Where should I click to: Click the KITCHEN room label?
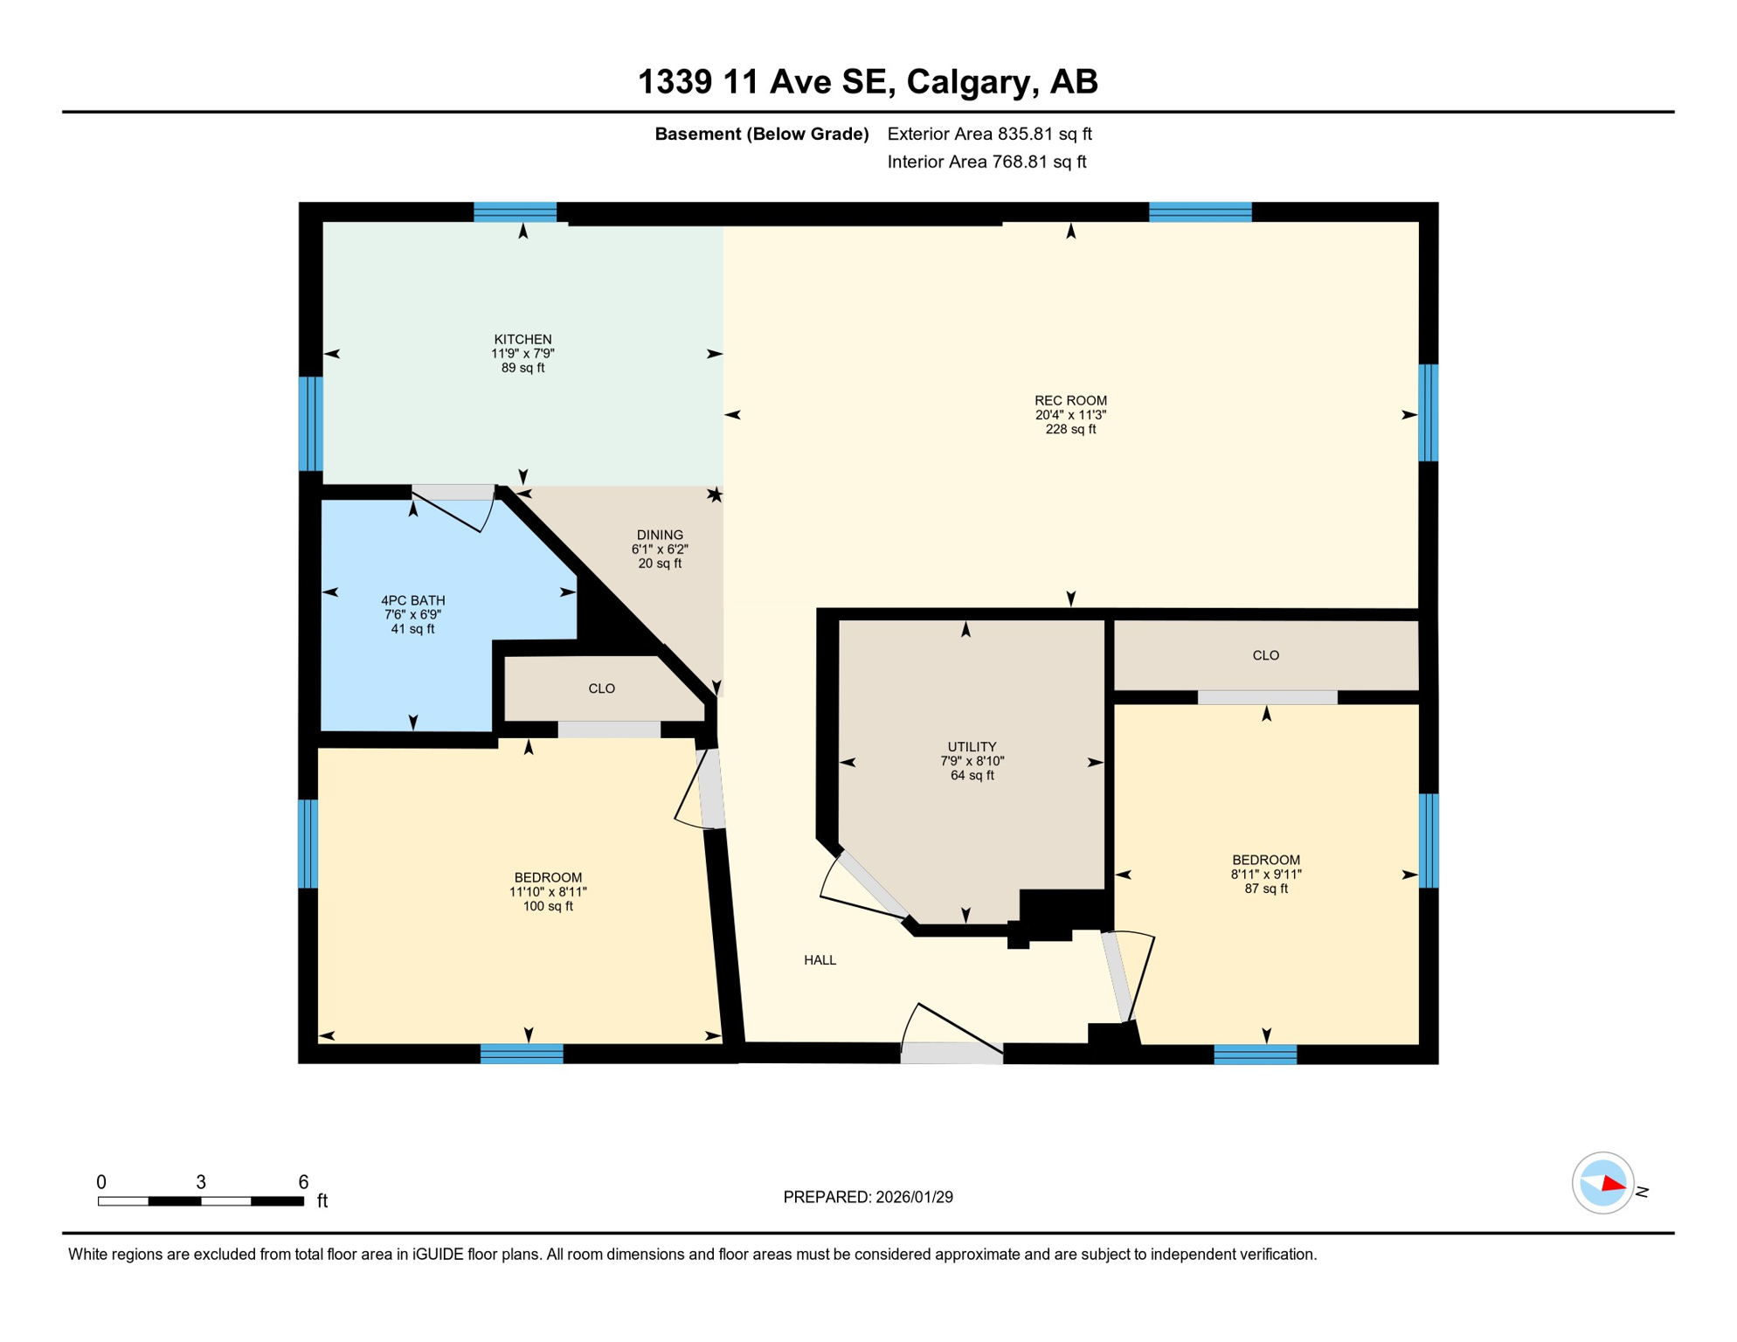(522, 340)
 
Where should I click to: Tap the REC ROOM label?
(1070, 401)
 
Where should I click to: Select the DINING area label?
(660, 536)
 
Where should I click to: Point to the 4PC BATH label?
(412, 601)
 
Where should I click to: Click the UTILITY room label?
(972, 747)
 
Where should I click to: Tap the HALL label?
(820, 960)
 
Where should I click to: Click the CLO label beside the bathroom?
(601, 689)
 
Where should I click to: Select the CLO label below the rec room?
(1265, 655)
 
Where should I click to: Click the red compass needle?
(1613, 1184)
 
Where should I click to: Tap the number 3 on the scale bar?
(201, 1182)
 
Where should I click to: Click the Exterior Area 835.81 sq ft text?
(989, 134)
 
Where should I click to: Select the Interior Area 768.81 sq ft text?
(986, 162)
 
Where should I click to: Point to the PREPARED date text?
(868, 1197)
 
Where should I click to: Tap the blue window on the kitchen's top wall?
(515, 211)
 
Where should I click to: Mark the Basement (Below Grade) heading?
(762, 134)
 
